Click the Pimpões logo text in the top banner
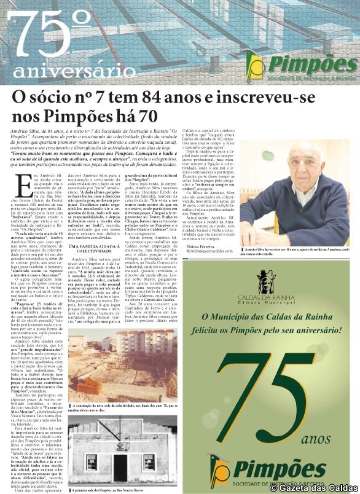tap(312, 63)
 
